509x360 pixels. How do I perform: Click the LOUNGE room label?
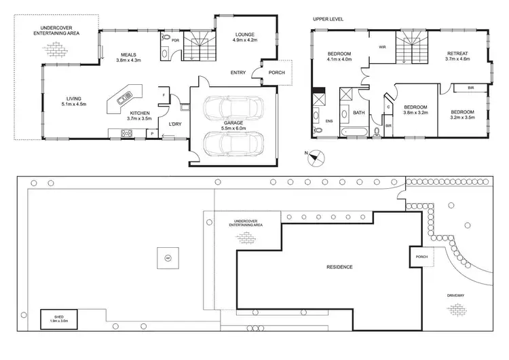(x=246, y=38)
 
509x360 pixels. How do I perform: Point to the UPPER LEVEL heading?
(x=328, y=19)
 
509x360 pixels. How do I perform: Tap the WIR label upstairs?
(x=382, y=48)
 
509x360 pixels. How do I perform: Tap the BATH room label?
(x=358, y=113)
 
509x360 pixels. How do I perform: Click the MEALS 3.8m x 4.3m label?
(x=130, y=58)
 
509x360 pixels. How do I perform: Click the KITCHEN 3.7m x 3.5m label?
(x=138, y=115)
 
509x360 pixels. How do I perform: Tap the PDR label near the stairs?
(x=175, y=39)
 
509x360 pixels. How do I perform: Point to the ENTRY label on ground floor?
(x=238, y=72)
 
